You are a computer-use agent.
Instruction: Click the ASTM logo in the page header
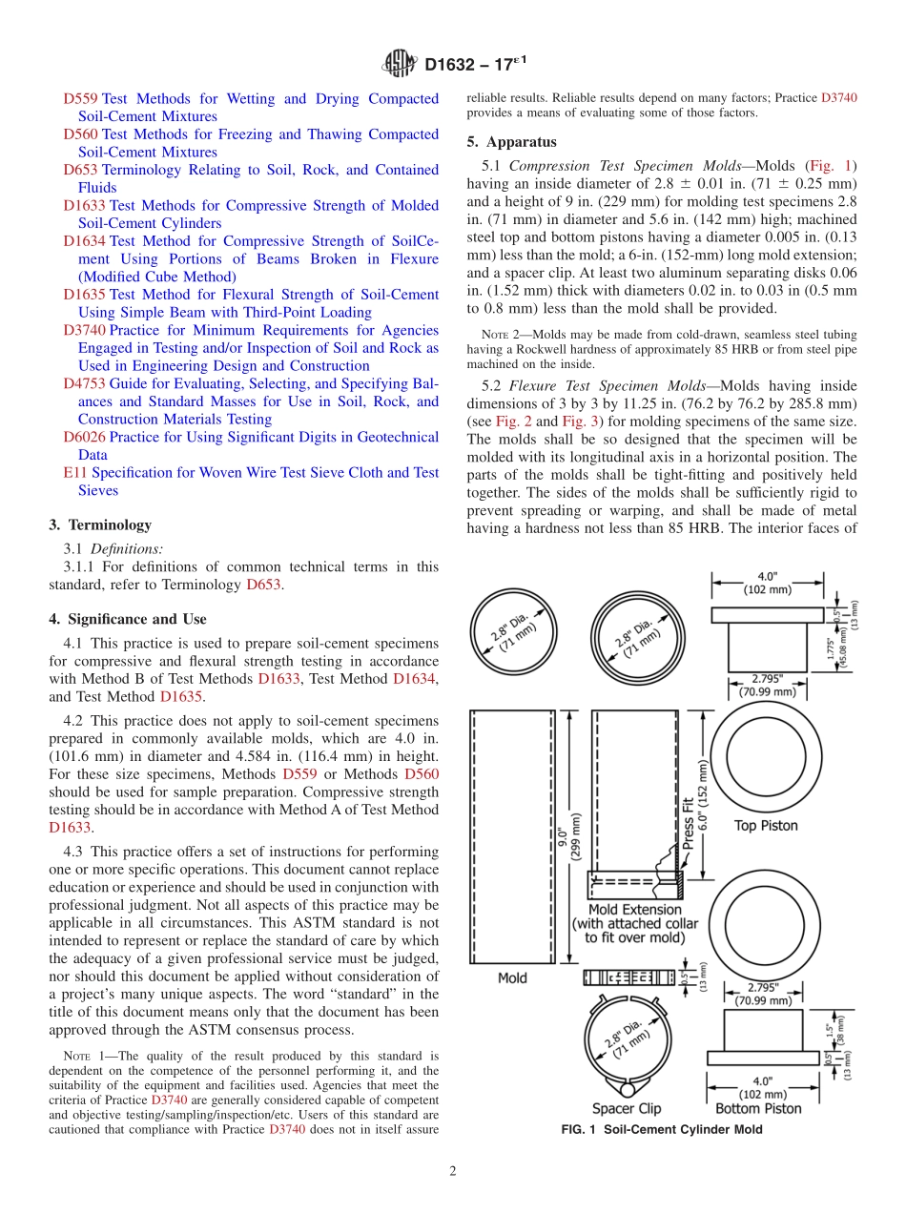click(x=399, y=65)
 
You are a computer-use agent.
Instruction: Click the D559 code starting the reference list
click(x=80, y=99)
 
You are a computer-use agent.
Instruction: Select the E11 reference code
click(x=75, y=473)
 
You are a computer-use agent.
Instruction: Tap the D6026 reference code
click(x=84, y=438)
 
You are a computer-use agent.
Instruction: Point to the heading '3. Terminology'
click(x=99, y=525)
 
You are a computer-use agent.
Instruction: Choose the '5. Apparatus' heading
click(x=511, y=142)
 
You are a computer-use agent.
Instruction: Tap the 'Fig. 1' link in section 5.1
click(x=832, y=165)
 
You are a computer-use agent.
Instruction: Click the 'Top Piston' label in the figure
click(x=765, y=826)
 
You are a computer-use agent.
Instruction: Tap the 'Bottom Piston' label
click(x=758, y=1109)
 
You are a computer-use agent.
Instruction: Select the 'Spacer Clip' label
click(x=626, y=1109)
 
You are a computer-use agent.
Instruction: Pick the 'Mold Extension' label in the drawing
click(x=634, y=910)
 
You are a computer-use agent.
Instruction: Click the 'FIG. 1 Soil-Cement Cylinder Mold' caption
click(x=661, y=1130)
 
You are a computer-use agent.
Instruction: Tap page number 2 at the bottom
click(x=453, y=1172)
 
